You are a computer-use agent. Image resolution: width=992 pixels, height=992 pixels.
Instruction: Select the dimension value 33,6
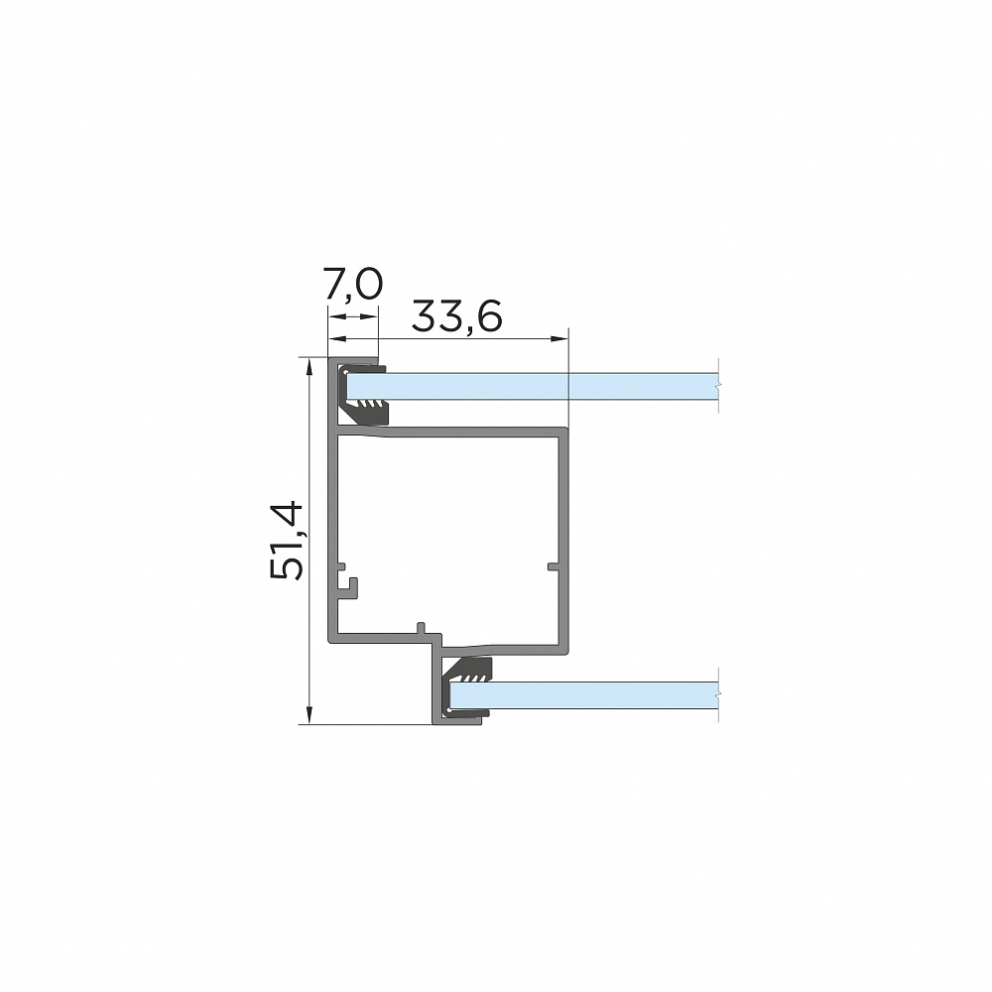(456, 316)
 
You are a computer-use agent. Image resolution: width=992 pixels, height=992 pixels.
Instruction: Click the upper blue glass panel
(533, 386)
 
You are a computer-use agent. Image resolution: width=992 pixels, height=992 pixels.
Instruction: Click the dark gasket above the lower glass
(468, 670)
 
